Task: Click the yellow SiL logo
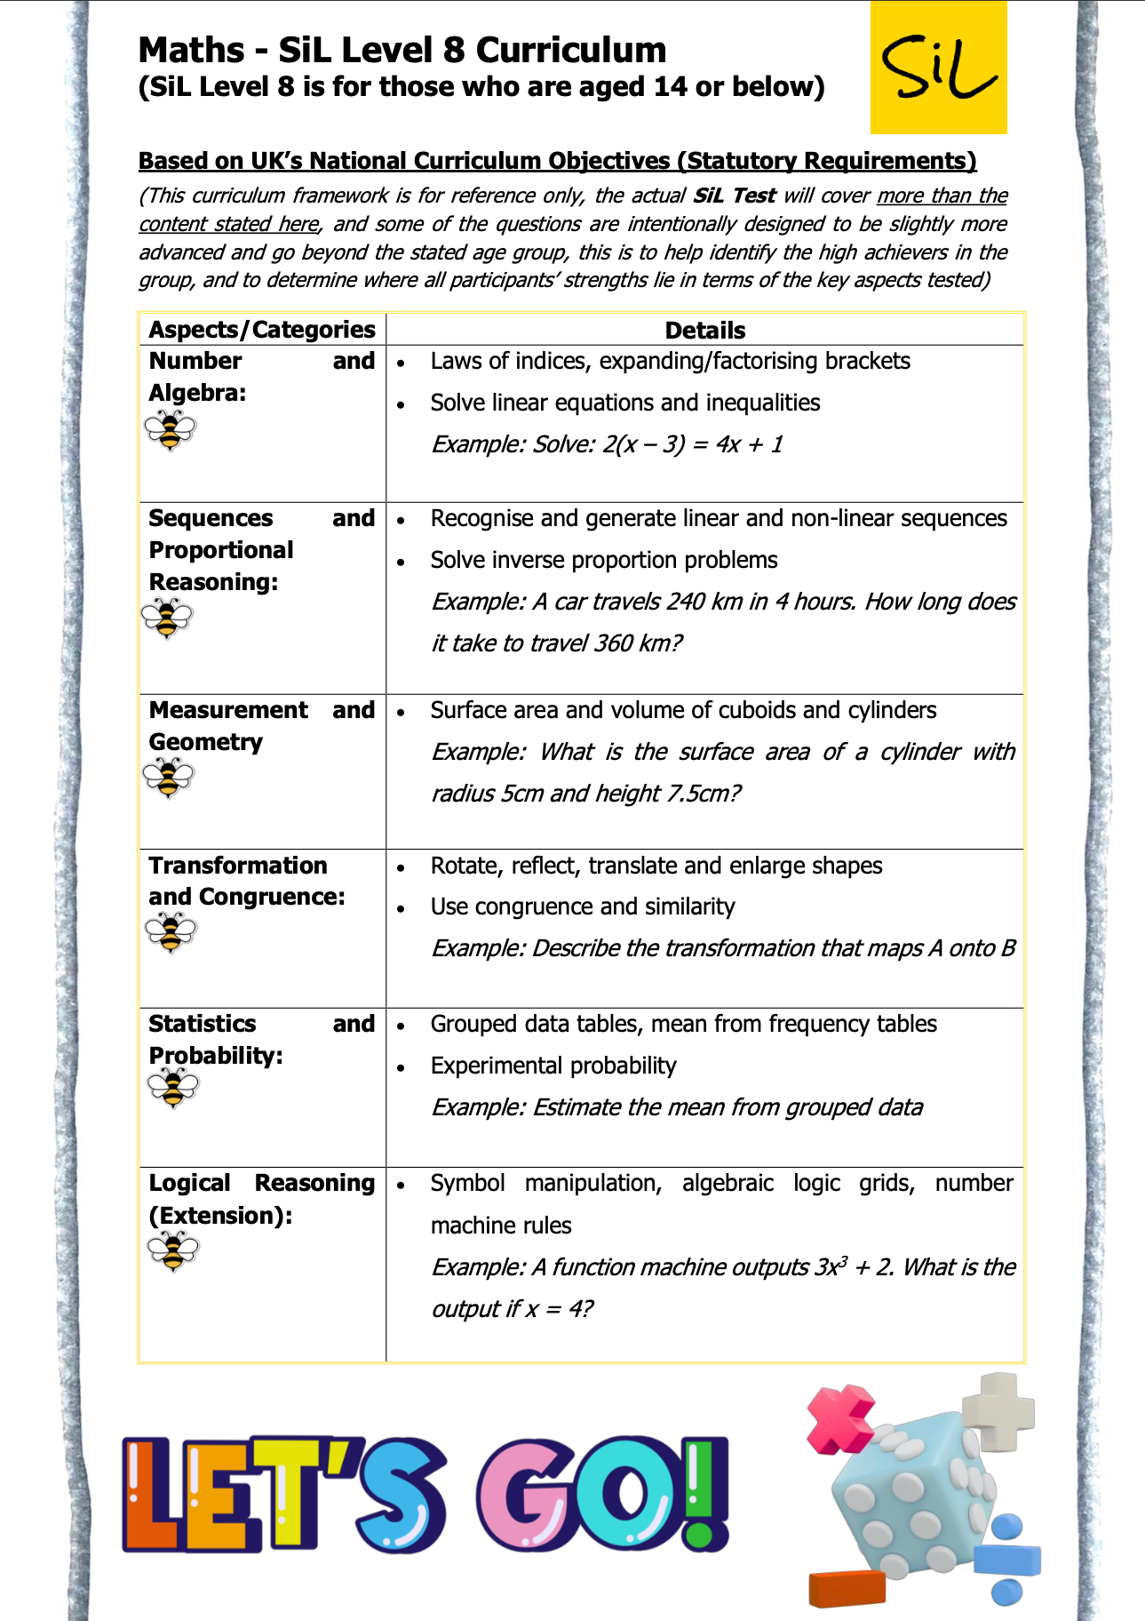click(x=938, y=68)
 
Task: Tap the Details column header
click(x=704, y=331)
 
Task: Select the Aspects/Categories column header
click(x=262, y=330)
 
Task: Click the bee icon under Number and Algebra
click(x=170, y=431)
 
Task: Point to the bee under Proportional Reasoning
click(x=167, y=619)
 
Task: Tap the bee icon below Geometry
click(x=168, y=778)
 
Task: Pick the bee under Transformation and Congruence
click(x=170, y=933)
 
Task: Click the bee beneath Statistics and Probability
click(x=173, y=1088)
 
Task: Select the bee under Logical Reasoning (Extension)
click(x=173, y=1251)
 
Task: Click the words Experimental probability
click(x=553, y=1066)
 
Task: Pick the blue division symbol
click(x=1006, y=1561)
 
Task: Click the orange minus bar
click(x=847, y=1589)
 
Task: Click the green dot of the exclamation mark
click(x=699, y=1535)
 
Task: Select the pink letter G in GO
click(x=526, y=1495)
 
